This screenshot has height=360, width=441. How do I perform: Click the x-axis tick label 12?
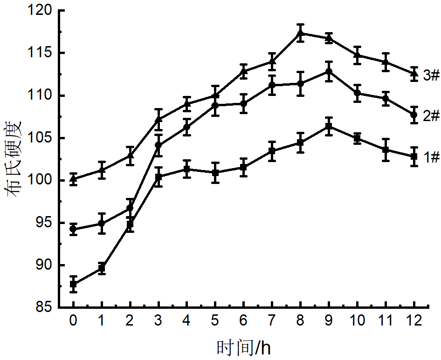[414, 321]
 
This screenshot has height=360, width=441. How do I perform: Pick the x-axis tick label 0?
[73, 321]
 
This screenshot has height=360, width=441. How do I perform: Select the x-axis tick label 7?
[272, 321]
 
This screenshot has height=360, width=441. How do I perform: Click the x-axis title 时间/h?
[243, 347]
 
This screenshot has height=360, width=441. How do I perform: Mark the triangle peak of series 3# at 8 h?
[301, 33]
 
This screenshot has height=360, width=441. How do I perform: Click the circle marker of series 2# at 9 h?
[329, 71]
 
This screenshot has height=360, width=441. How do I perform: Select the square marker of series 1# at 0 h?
[73, 284]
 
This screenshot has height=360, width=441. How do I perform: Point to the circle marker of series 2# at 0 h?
[73, 229]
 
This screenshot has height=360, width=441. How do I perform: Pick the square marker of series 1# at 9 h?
[329, 126]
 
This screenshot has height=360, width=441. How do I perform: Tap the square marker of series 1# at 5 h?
[215, 172]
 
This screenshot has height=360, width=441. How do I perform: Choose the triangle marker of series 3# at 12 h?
[414, 73]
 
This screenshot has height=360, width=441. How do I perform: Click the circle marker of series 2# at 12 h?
[414, 115]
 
